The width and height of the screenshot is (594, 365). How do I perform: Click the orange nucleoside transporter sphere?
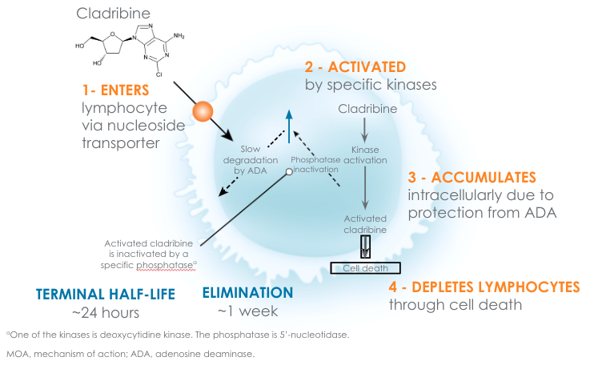point(202,110)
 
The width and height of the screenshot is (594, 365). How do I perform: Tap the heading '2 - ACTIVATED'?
point(355,66)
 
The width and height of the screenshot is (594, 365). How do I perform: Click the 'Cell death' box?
point(364,268)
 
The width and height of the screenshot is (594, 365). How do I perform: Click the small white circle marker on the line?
point(287,171)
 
